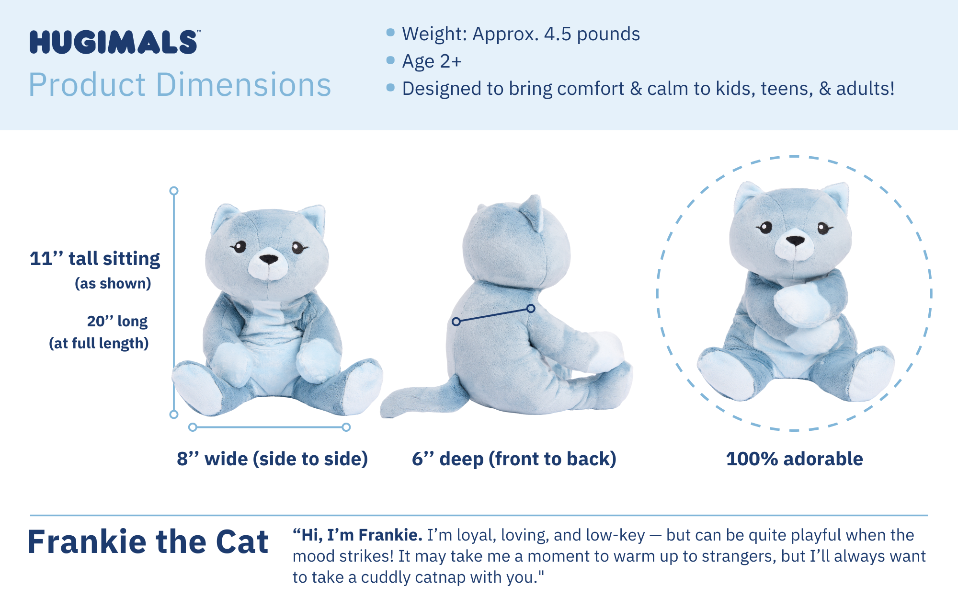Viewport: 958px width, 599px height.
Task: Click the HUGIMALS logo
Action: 114,42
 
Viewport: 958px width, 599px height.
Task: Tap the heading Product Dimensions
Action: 180,85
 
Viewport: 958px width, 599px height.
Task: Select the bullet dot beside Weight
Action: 390,33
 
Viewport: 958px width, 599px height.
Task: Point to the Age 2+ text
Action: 432,61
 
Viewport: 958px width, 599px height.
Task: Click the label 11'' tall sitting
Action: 95,259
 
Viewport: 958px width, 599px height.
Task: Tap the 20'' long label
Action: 117,321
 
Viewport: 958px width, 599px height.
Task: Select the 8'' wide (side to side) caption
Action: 272,459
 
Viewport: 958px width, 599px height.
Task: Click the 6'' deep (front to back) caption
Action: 514,459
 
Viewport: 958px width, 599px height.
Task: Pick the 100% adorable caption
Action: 794,459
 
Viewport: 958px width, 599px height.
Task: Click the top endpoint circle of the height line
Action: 174,191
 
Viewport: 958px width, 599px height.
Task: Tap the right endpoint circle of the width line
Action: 346,427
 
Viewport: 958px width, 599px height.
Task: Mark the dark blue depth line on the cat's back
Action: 493,315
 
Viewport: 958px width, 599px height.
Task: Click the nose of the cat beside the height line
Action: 269,259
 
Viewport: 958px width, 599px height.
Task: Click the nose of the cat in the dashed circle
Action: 795,240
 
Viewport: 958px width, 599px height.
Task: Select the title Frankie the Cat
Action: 148,542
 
